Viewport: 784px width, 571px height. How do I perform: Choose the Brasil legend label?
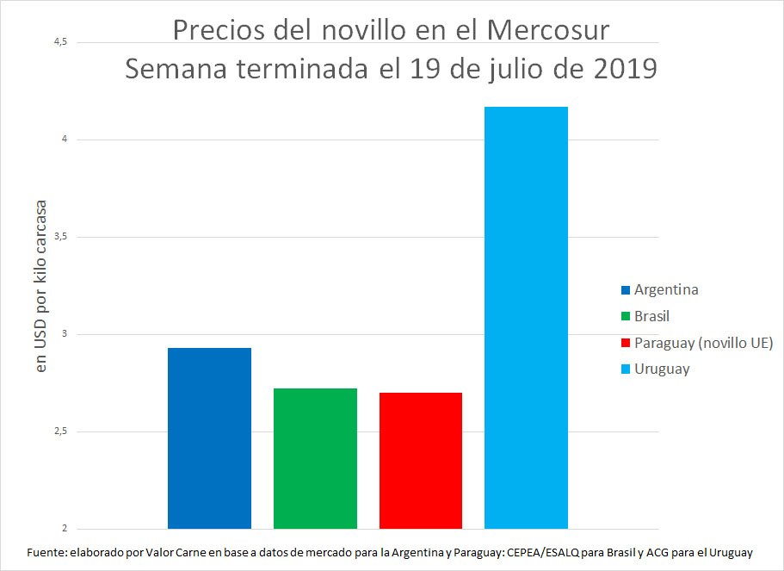[651, 316]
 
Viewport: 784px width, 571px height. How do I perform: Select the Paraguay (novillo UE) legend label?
[703, 343]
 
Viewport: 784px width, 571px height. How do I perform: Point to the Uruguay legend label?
[662, 369]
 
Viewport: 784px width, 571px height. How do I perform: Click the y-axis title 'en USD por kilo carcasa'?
[40, 285]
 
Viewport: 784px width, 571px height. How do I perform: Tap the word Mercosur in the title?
[548, 31]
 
